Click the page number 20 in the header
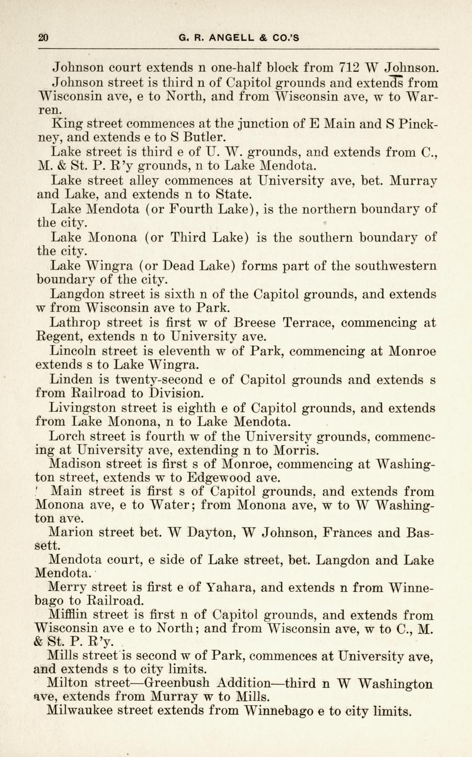[x=43, y=38]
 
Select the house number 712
[x=350, y=69]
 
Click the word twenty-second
[x=159, y=380]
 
